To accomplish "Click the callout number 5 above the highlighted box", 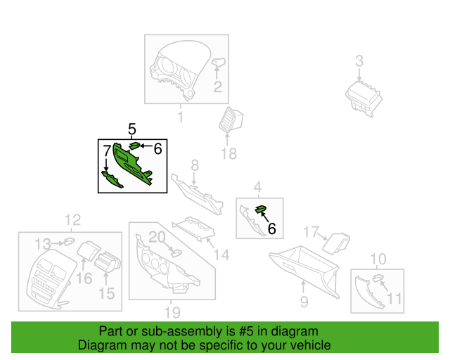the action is pos(131,129).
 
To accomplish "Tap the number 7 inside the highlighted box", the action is pos(107,150).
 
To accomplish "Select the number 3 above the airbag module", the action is pos(359,61).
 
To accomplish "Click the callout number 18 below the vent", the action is pos(229,154).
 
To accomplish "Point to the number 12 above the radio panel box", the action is pos(73,220).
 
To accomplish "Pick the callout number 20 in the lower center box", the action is pos(157,238).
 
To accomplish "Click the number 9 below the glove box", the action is pos(304,302).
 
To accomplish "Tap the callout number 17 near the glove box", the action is pos(311,231).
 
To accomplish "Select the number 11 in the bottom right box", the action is pos(394,299).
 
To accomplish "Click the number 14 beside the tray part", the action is pos(221,255).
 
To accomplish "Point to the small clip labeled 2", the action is pos(219,61).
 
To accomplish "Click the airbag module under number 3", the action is pos(364,98).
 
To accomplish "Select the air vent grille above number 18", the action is pos(231,120).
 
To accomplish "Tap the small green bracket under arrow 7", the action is pos(112,179).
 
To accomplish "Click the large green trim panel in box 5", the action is pos(131,163).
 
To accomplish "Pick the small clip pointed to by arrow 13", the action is pos(69,241).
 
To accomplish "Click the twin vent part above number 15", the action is pos(108,261).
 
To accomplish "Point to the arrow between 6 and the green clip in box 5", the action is pos(146,146).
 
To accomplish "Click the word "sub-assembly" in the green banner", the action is pos(181,331).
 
